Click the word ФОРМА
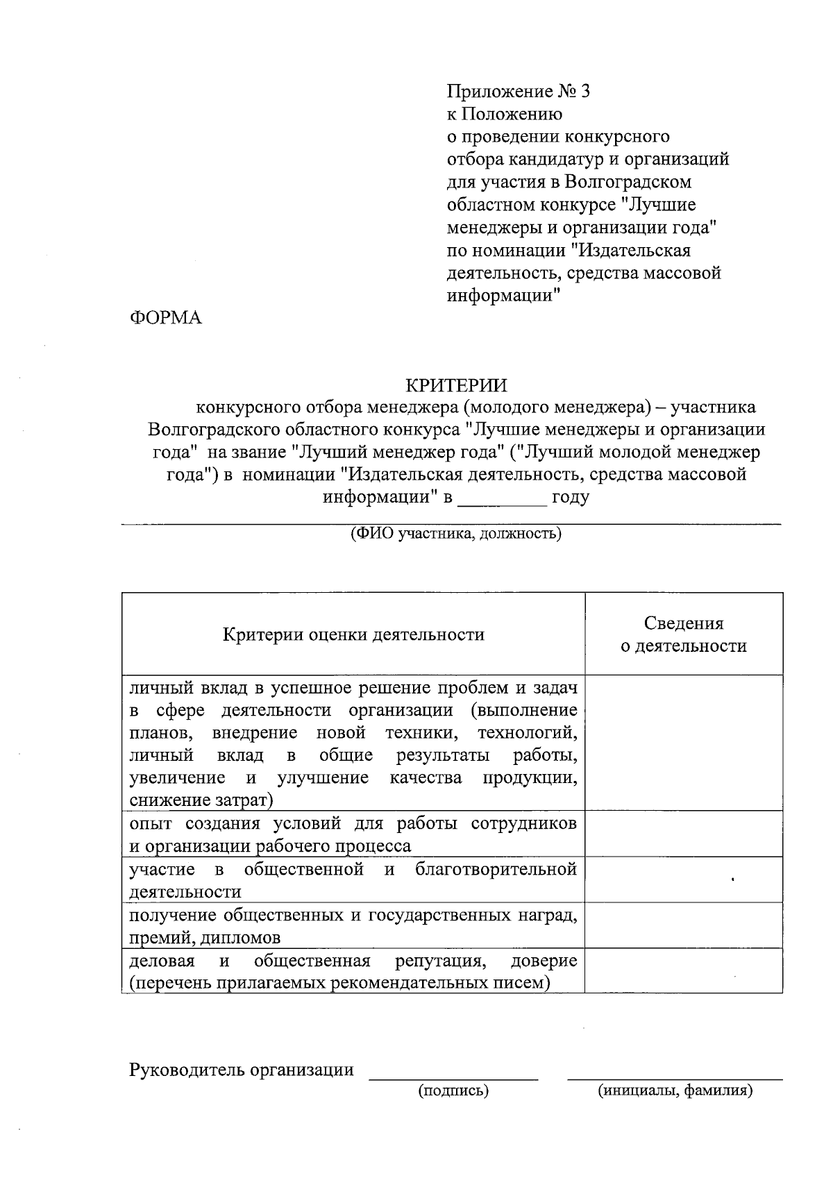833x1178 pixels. pos(165,318)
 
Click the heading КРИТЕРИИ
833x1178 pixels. pos(456,385)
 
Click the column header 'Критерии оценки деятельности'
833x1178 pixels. pos(353,634)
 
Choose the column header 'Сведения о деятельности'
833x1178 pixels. pos(683,634)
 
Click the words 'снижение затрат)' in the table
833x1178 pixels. pos(201,800)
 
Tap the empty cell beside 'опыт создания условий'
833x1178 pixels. pos(683,834)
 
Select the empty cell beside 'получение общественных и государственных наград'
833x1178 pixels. pos(683,925)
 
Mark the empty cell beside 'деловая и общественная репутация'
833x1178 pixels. pos(683,970)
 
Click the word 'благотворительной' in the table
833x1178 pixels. pos(496,869)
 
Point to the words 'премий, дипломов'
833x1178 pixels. pos(205,938)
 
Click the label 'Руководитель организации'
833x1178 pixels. pos(242,1070)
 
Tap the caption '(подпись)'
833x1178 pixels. pos(453,1091)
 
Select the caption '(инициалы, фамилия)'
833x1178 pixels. pos(675,1091)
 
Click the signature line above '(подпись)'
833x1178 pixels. pos(453,1078)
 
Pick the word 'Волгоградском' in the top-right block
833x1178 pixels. pos(628,182)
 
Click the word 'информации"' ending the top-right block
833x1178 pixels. pos(503,295)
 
